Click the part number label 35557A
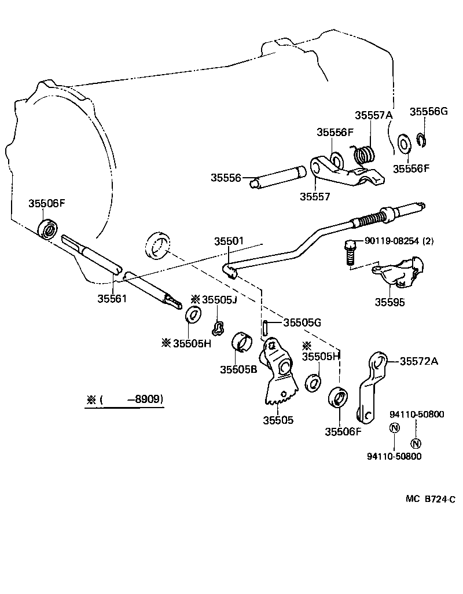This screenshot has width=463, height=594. point(373,115)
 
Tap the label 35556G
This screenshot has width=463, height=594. point(429,111)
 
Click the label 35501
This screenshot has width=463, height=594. point(229,241)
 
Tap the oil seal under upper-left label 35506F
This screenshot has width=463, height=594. point(47,228)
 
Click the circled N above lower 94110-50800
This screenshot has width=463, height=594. point(394,428)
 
